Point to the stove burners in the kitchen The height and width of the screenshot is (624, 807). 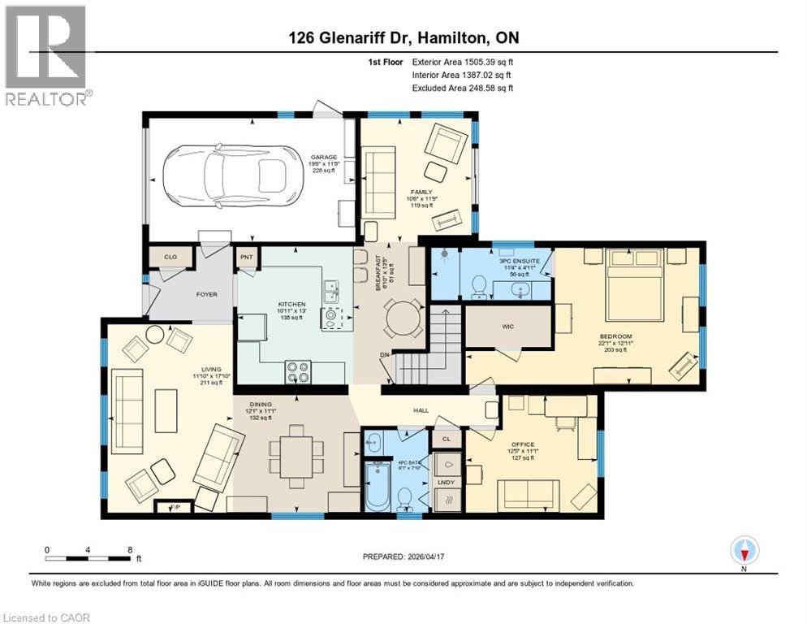pos(299,371)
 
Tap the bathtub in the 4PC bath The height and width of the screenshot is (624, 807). pos(378,488)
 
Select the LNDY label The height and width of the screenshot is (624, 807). pos(447,483)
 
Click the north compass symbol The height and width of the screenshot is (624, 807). pos(744,552)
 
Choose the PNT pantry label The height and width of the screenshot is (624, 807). pos(247,257)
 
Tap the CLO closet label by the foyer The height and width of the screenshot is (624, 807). pos(170,257)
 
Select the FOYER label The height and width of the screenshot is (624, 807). pos(206,294)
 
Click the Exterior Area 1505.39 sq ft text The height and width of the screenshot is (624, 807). pos(463,62)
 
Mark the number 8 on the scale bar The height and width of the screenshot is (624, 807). pos(131,549)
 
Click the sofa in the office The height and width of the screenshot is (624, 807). pos(528,493)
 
